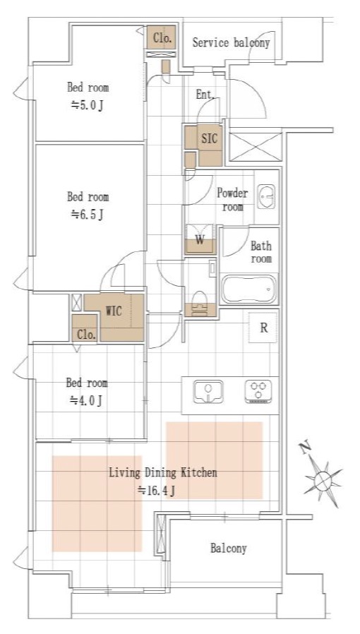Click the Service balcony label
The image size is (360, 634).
point(231,42)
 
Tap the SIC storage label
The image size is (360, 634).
point(209,138)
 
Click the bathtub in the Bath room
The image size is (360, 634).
point(249,289)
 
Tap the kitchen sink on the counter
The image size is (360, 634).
point(208,391)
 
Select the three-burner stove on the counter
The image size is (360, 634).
point(258,391)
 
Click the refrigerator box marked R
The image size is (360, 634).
point(263,328)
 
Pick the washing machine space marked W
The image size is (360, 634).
point(200,240)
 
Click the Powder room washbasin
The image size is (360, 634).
point(266,196)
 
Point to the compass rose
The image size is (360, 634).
point(323,481)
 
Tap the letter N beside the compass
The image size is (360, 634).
point(306,447)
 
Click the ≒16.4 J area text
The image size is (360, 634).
point(157,491)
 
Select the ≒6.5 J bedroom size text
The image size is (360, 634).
point(88,215)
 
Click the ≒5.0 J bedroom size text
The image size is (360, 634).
point(88,106)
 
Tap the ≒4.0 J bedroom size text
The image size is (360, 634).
point(86,400)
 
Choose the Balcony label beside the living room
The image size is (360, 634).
point(228,549)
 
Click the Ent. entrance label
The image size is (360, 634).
point(205,95)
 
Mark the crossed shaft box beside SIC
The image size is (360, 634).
point(255,146)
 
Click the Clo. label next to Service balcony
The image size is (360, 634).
point(163,38)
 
